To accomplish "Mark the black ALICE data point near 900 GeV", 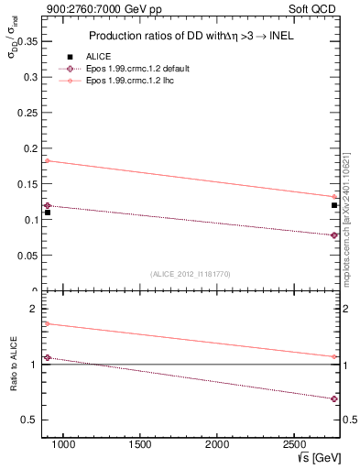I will click(x=48, y=213).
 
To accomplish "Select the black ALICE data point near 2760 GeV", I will click(x=334, y=205).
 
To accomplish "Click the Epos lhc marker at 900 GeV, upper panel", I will click(x=48, y=160).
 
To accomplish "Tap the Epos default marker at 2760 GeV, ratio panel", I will click(x=334, y=398).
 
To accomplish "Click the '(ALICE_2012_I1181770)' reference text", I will click(x=191, y=274).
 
